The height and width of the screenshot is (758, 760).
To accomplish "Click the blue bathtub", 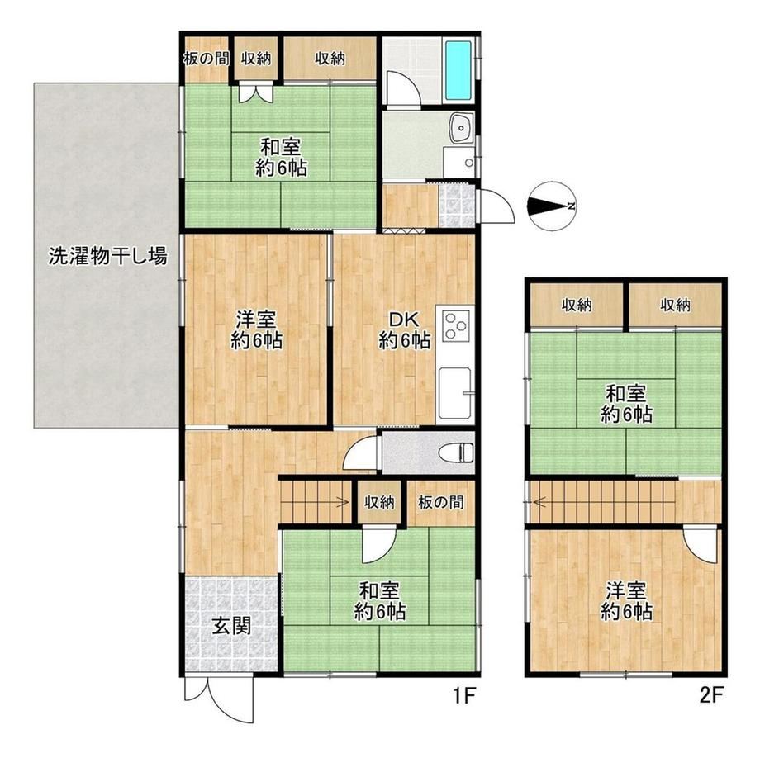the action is [x=458, y=69].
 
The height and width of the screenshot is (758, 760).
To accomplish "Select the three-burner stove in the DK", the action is [x=455, y=325].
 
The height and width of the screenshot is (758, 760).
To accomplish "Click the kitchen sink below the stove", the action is [x=454, y=393].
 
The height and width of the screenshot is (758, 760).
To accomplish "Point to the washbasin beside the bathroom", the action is [x=461, y=128].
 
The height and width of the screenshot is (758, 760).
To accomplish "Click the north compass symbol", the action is [x=551, y=206].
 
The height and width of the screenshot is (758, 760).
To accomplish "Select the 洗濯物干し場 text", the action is [x=107, y=255].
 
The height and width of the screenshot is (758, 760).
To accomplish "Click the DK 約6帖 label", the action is [x=404, y=330].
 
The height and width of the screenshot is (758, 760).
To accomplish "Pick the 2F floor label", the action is [x=712, y=696].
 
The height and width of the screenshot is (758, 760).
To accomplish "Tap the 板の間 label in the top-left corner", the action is [x=206, y=59].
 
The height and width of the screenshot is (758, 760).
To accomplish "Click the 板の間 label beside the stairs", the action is [x=440, y=502].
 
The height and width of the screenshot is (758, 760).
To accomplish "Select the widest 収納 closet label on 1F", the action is [x=330, y=59].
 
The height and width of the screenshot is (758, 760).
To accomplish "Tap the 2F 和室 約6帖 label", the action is [x=625, y=404].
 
